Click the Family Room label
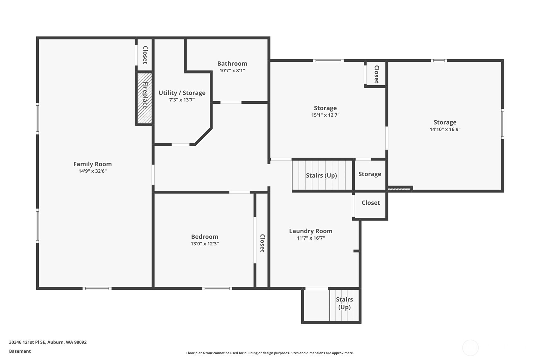click(x=93, y=164)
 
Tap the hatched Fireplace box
click(x=145, y=98)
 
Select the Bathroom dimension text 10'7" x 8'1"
click(x=232, y=71)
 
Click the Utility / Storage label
click(x=182, y=93)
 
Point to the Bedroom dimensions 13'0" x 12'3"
click(x=205, y=244)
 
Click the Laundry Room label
click(x=311, y=231)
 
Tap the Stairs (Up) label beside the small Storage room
click(x=321, y=175)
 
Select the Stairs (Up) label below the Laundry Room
click(x=345, y=303)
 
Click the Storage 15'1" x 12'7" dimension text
click(x=325, y=115)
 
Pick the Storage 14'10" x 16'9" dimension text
click(x=445, y=129)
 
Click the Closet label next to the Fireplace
click(x=145, y=55)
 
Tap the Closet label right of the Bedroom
click(x=262, y=243)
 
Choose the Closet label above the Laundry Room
click(x=371, y=203)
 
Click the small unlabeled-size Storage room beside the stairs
click(x=370, y=174)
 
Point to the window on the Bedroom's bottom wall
click(x=217, y=288)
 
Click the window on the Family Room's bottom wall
click(x=97, y=288)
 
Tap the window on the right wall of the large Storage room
click(x=502, y=124)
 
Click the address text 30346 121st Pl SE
click(x=27, y=342)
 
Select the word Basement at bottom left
click(x=20, y=351)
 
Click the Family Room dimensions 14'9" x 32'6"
click(x=93, y=171)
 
